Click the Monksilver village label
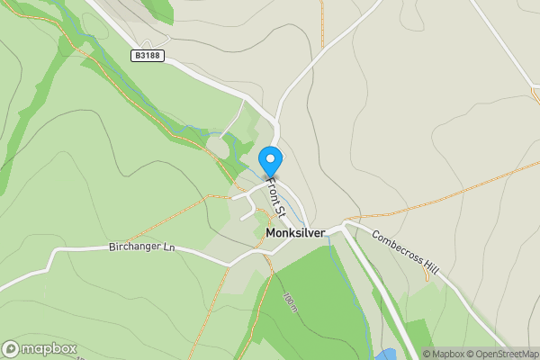pyautogui.click(x=296, y=232)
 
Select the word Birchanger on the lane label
pyautogui.click(x=133, y=247)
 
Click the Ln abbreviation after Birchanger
pyautogui.click(x=167, y=247)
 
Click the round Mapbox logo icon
pyautogui.click(x=11, y=349)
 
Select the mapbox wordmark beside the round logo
pyautogui.click(x=49, y=349)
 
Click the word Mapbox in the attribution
pyautogui.click(x=446, y=354)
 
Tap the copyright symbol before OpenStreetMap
pyautogui.click(x=470, y=354)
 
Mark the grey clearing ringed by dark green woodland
pyautogui.click(x=219, y=146)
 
